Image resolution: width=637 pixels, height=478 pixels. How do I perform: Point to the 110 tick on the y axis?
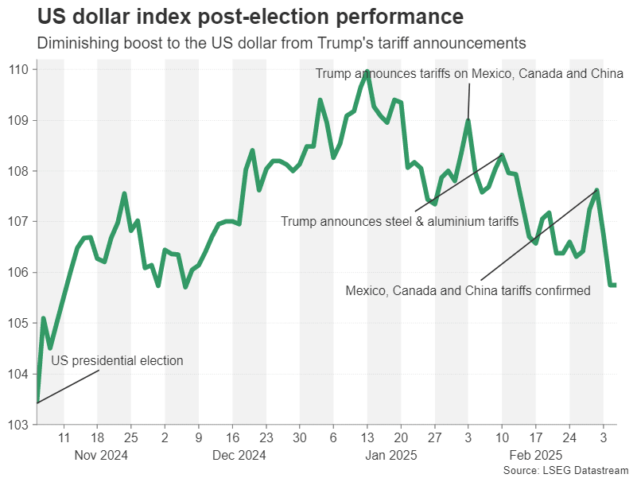19,70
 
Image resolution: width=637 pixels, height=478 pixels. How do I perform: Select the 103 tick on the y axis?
19,425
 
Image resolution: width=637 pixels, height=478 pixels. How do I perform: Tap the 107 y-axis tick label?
19,222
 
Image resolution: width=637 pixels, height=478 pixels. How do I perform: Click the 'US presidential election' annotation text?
117,361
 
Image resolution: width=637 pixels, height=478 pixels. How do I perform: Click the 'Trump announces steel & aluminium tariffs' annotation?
399,221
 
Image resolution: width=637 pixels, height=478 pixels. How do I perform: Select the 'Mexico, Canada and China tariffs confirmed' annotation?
468,291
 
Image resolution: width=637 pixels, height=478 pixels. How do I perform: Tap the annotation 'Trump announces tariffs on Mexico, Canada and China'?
469,74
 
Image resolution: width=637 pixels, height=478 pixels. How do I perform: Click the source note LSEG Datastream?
566,471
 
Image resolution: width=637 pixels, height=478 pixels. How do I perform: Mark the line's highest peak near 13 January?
367,71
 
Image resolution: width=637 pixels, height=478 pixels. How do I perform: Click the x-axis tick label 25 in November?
131,437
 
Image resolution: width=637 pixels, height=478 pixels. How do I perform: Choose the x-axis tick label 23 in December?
266,437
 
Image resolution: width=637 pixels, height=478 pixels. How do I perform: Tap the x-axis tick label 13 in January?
367,437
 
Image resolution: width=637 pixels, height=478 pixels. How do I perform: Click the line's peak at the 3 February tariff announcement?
468,121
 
